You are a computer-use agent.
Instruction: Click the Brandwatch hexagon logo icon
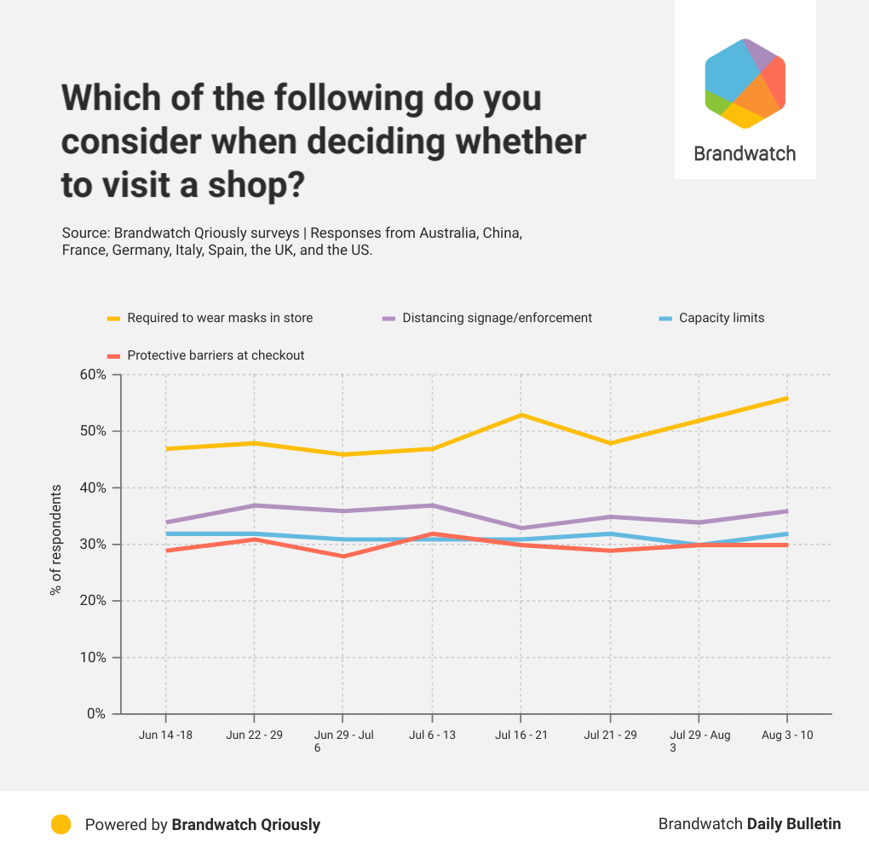(x=745, y=84)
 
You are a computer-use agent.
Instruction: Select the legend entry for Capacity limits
(x=721, y=318)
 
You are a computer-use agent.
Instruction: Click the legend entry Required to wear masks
(x=219, y=318)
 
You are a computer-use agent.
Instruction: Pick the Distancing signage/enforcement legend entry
(x=496, y=318)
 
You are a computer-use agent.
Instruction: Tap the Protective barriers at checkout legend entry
(x=215, y=355)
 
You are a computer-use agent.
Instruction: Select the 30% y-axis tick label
(x=94, y=545)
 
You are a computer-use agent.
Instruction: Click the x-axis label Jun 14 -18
(x=165, y=735)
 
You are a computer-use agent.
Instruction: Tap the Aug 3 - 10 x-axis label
(x=786, y=735)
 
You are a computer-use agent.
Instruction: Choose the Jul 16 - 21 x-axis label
(x=520, y=735)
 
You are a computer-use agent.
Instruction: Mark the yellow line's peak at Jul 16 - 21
(x=520, y=415)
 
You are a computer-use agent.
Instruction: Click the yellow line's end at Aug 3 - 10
(x=786, y=398)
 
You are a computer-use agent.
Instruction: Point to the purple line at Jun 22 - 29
(x=254, y=505)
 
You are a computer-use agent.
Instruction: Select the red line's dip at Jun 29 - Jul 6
(x=342, y=556)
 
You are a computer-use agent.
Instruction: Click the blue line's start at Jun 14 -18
(x=167, y=533)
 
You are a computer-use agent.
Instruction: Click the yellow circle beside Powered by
(x=60, y=824)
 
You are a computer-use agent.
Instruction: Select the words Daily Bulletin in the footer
(x=794, y=824)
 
